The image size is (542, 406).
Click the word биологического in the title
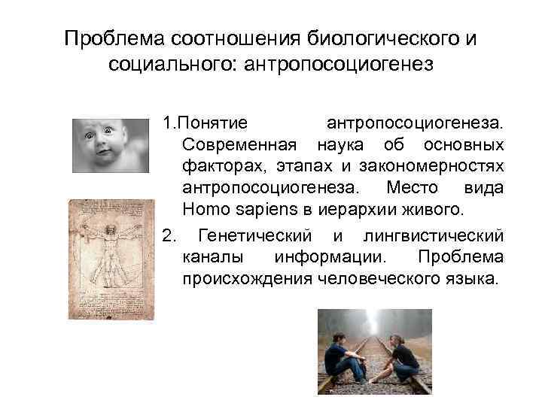382,38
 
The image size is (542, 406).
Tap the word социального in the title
169,65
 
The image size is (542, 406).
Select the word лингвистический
433,236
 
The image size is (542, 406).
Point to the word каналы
212,257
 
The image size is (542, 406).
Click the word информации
332,257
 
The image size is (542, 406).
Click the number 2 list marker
169,236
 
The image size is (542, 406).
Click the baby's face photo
110,146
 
